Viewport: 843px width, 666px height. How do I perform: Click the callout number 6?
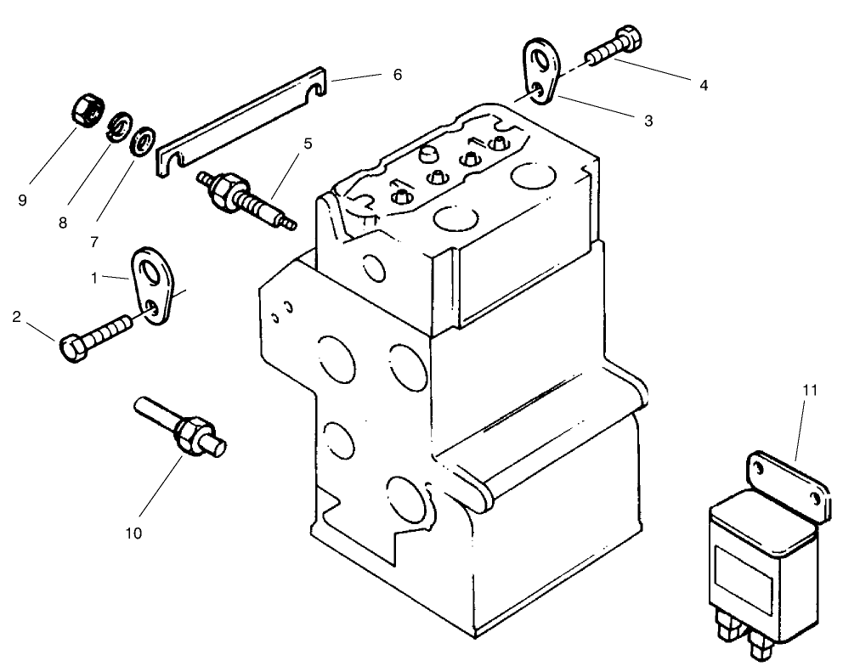[397, 75]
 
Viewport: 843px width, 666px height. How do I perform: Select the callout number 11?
[810, 390]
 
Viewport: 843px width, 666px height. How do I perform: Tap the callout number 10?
[133, 533]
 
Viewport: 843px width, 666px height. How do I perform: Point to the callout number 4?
[703, 85]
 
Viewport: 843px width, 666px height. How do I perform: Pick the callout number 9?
[22, 200]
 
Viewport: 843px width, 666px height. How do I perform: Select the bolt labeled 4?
[612, 47]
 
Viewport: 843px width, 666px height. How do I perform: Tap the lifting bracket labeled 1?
[156, 285]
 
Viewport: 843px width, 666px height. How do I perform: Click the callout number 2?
[16, 318]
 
